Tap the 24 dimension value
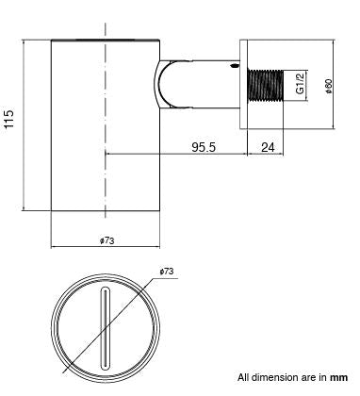click(267, 146)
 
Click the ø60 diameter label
click(328, 86)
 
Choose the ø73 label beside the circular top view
click(167, 272)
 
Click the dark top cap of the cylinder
click(106, 41)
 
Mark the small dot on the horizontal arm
click(231, 69)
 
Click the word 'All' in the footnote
click(244, 377)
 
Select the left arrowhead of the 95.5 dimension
click(109, 155)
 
